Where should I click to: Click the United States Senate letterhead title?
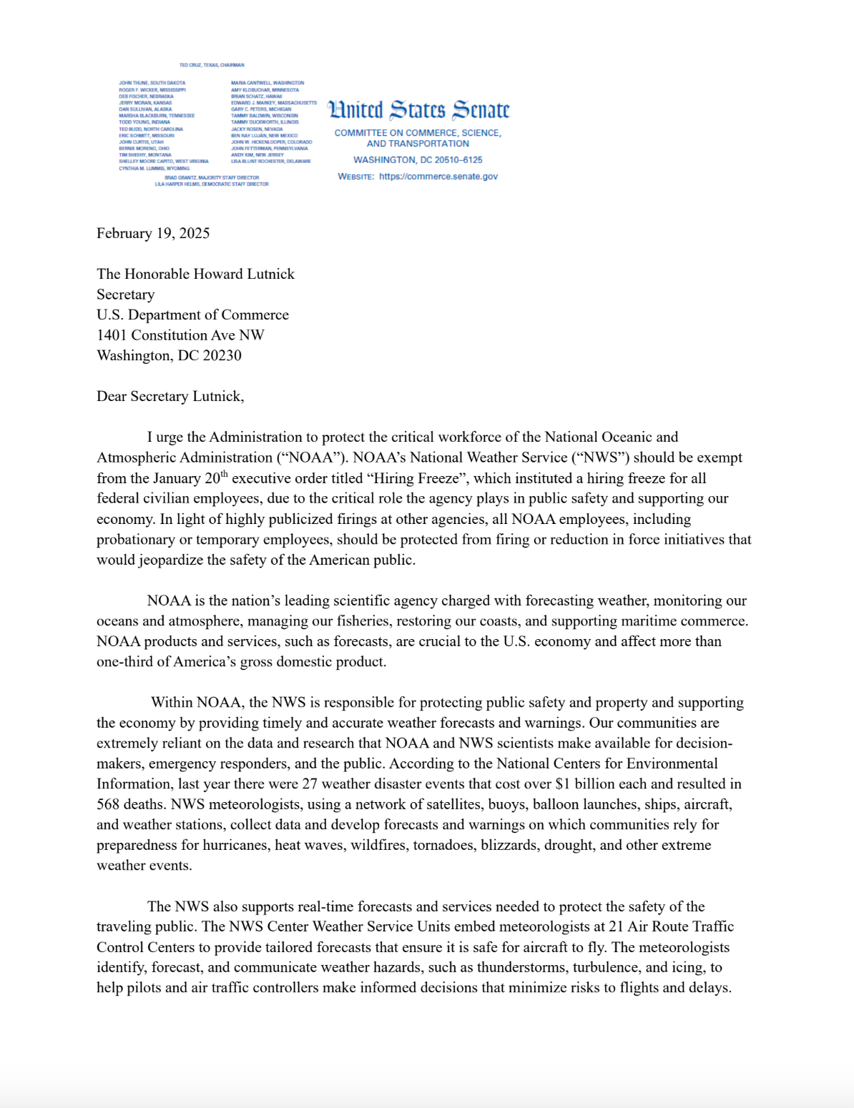point(418,110)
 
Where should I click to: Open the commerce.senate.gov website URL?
point(438,177)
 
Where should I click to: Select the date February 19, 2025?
point(153,234)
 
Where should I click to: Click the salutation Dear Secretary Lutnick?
point(170,397)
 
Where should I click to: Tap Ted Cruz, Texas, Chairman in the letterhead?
point(212,65)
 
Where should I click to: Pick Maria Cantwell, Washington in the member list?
point(268,83)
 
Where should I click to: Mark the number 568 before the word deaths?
point(108,805)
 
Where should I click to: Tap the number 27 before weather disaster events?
point(310,784)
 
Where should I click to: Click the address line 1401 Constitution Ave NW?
point(180,335)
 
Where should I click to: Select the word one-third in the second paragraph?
point(124,662)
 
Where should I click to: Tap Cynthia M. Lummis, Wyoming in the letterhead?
point(154,169)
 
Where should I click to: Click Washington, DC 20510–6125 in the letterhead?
point(418,160)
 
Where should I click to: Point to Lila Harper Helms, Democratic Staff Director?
point(212,184)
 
